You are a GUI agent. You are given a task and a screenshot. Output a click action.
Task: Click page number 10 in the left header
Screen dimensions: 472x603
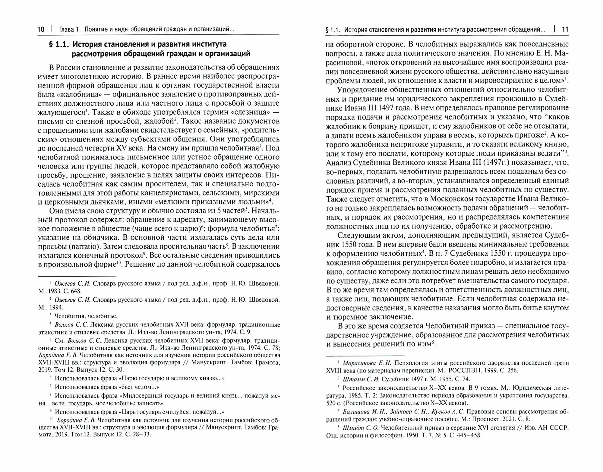pyautogui.click(x=41, y=30)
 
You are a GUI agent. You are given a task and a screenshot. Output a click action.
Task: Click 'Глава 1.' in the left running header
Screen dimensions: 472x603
pyautogui.click(x=70, y=30)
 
